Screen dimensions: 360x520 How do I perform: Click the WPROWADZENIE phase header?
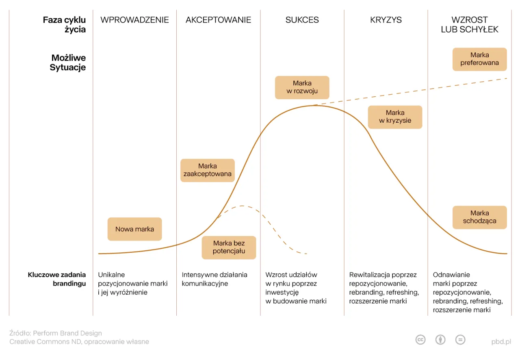pyautogui.click(x=134, y=20)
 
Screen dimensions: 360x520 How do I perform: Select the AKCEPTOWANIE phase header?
pyautogui.click(x=218, y=20)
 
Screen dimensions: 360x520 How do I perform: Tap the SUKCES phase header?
pyautogui.click(x=302, y=20)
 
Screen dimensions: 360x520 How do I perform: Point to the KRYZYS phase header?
pyautogui.click(x=386, y=20)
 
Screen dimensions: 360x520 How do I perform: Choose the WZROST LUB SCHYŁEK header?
pyautogui.click(x=470, y=24)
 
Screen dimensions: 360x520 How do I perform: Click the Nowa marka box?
pyautogui.click(x=134, y=229)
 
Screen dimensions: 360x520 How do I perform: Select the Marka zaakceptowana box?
pyautogui.click(x=208, y=170)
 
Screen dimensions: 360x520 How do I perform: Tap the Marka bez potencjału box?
pyautogui.click(x=229, y=247)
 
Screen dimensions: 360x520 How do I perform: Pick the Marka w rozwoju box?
pyautogui.click(x=302, y=87)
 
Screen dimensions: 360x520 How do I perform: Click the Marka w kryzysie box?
pyautogui.click(x=395, y=117)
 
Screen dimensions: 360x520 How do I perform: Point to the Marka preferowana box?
pyautogui.click(x=479, y=59)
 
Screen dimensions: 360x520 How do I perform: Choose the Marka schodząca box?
pyautogui.click(x=479, y=217)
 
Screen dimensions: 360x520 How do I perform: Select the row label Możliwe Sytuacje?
pyautogui.click(x=68, y=63)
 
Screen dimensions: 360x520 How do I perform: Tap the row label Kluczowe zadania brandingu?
pyautogui.click(x=57, y=279)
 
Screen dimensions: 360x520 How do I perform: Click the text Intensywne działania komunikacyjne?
pyautogui.click(x=214, y=279)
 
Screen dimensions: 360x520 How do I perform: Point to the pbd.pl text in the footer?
pyautogui.click(x=501, y=342)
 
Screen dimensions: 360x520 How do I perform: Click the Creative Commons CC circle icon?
pyautogui.click(x=420, y=340)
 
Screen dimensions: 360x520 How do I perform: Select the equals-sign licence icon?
pyautogui.click(x=460, y=340)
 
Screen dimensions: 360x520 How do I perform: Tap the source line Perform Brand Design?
pyautogui.click(x=56, y=333)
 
